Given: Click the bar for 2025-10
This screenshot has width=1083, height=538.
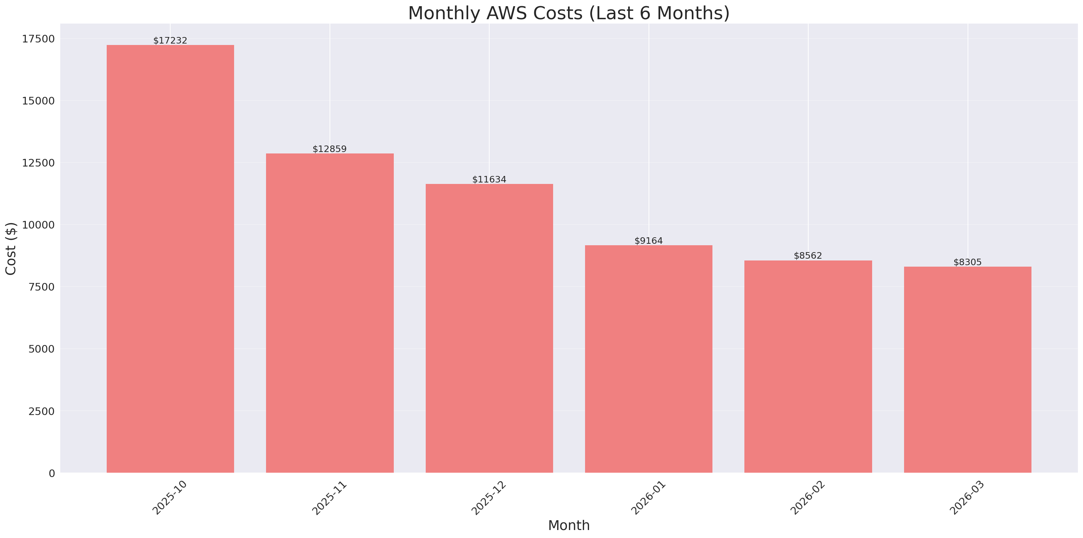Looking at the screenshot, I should click(170, 259).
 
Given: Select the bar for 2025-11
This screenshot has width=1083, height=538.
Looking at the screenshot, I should click(330, 313).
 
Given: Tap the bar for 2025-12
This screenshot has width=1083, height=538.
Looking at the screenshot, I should click(489, 328).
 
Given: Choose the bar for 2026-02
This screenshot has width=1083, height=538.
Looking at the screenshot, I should click(808, 366).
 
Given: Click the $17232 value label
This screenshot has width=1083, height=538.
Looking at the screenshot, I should click(170, 40).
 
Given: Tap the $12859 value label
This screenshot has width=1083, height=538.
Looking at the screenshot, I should click(330, 149).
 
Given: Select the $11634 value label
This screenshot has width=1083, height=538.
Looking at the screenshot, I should click(489, 180).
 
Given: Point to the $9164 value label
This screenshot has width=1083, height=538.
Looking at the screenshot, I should click(648, 241).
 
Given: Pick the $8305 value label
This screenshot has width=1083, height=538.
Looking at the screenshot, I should click(967, 262).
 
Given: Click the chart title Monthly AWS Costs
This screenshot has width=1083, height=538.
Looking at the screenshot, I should click(568, 13).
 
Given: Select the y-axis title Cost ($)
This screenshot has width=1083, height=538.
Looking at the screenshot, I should click(11, 249).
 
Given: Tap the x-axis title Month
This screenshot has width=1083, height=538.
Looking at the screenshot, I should click(568, 525).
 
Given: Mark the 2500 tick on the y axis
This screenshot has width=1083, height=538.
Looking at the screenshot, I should click(41, 411).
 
